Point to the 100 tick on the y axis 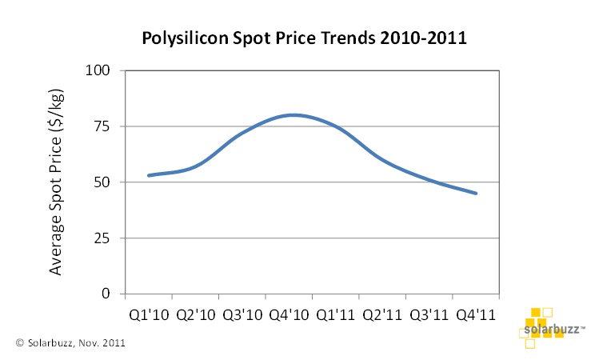coord(98,70)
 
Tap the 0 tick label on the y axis coord(107,294)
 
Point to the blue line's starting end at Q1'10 coord(149,175)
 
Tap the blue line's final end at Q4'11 coord(476,193)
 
